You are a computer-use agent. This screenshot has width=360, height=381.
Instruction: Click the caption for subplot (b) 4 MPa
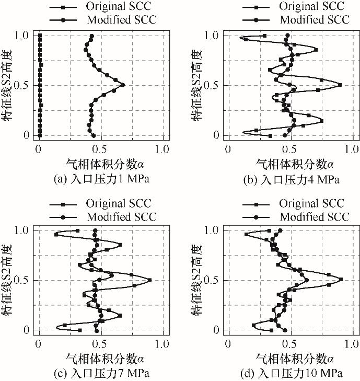[291, 180]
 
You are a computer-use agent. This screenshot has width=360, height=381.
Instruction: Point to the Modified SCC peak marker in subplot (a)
[123, 85]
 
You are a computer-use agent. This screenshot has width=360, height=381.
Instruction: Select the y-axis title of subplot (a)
[7, 85]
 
